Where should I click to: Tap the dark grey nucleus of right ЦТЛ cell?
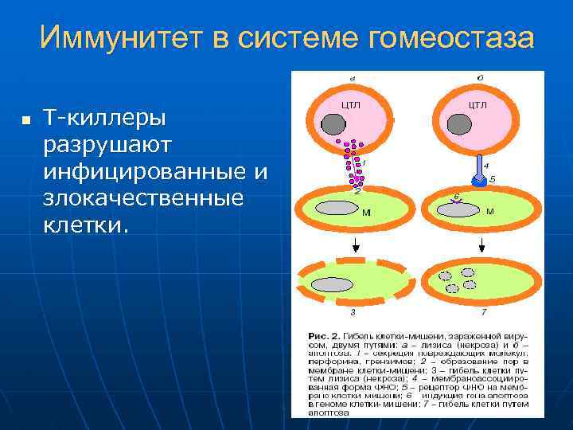[459, 124]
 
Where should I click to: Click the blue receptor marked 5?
[479, 180]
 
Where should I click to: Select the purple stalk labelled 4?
[479, 166]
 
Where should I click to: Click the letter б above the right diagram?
[480, 78]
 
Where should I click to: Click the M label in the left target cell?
[366, 213]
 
